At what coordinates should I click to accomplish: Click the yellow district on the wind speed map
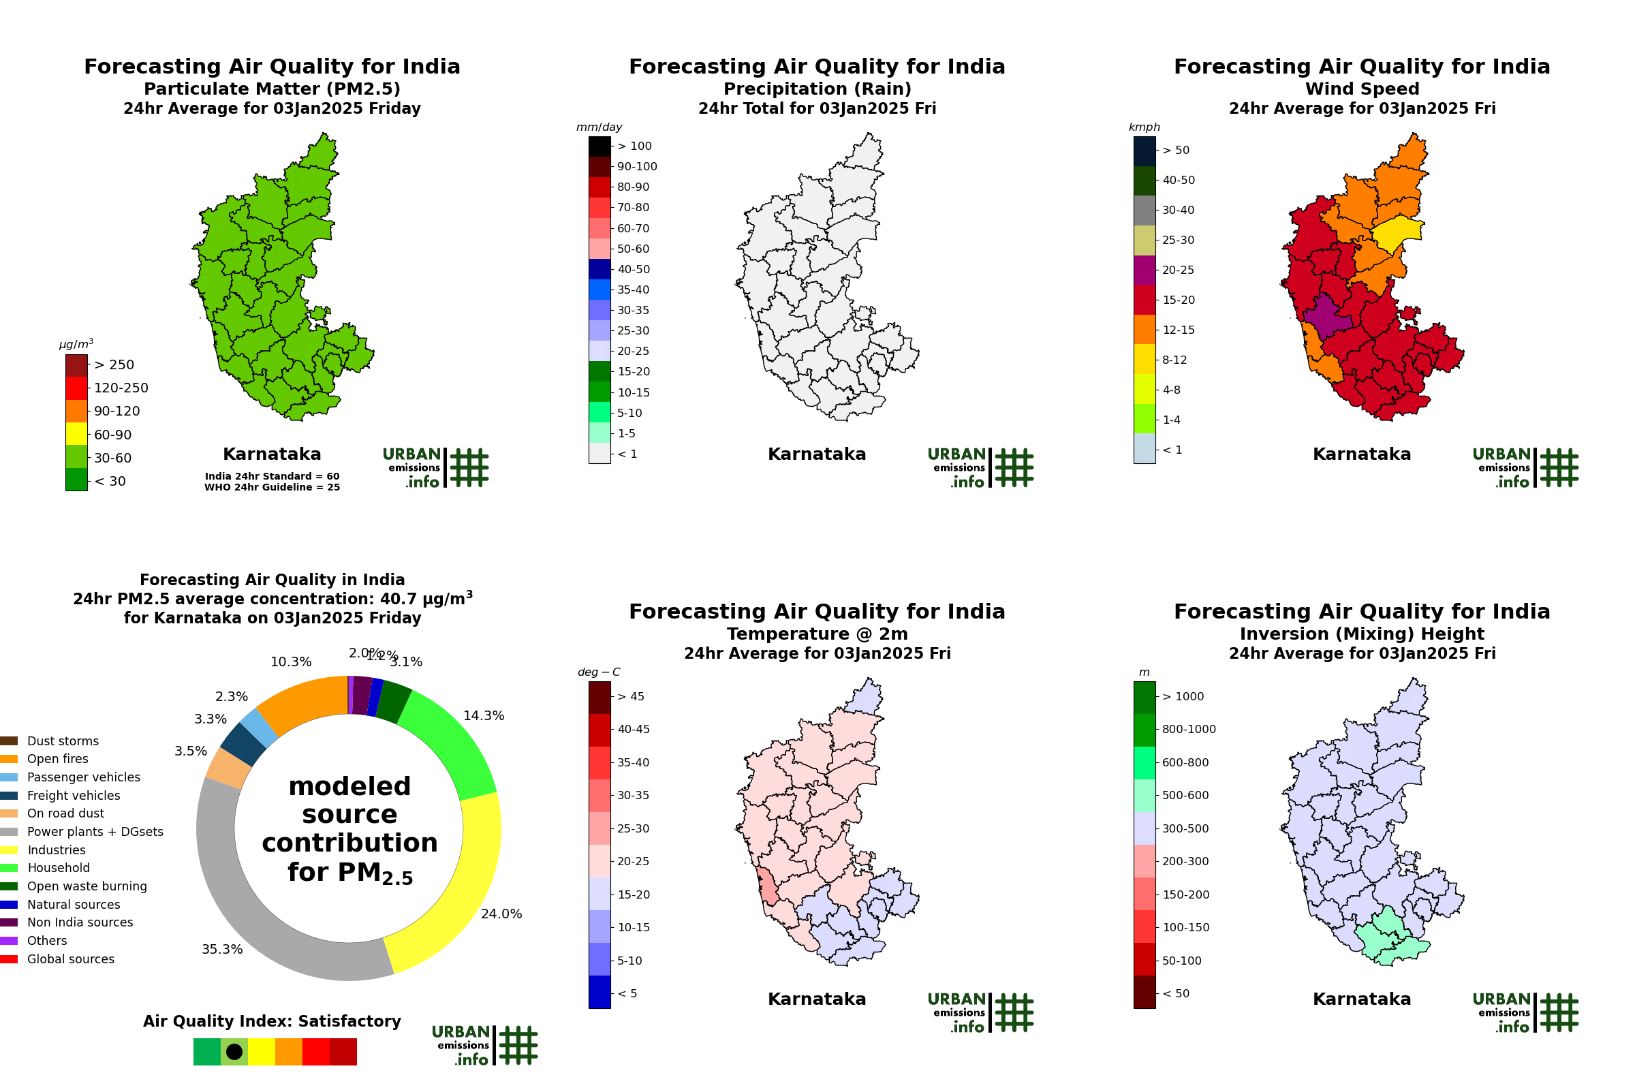pos(1395,233)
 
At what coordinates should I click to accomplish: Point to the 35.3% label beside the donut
pos(222,950)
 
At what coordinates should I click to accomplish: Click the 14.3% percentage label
pos(484,716)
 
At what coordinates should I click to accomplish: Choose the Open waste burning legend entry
pos(87,886)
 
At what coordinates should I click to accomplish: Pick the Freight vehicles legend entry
pos(73,795)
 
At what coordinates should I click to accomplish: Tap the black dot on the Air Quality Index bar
pos(234,1052)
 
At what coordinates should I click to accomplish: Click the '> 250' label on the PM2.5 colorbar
pos(114,365)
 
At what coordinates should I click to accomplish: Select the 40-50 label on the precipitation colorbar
pos(633,269)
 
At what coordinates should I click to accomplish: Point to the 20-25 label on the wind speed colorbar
pos(1179,270)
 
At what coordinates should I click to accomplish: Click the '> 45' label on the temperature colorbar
pos(631,696)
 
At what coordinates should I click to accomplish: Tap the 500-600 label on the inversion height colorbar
pos(1185,795)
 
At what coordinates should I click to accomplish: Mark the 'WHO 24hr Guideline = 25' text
pos(272,487)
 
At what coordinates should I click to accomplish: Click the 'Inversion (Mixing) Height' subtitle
pos(1362,634)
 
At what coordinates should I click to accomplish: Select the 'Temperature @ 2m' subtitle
pos(817,634)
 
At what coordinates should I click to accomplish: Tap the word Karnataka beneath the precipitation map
pos(817,454)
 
